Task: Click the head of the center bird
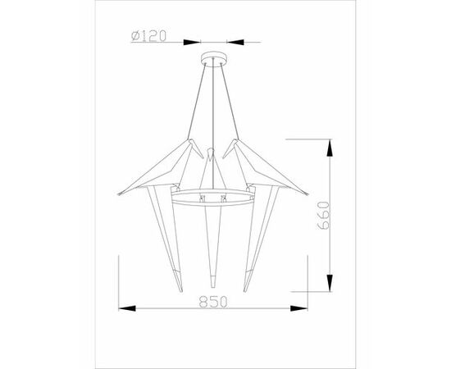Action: (x=212, y=153)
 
